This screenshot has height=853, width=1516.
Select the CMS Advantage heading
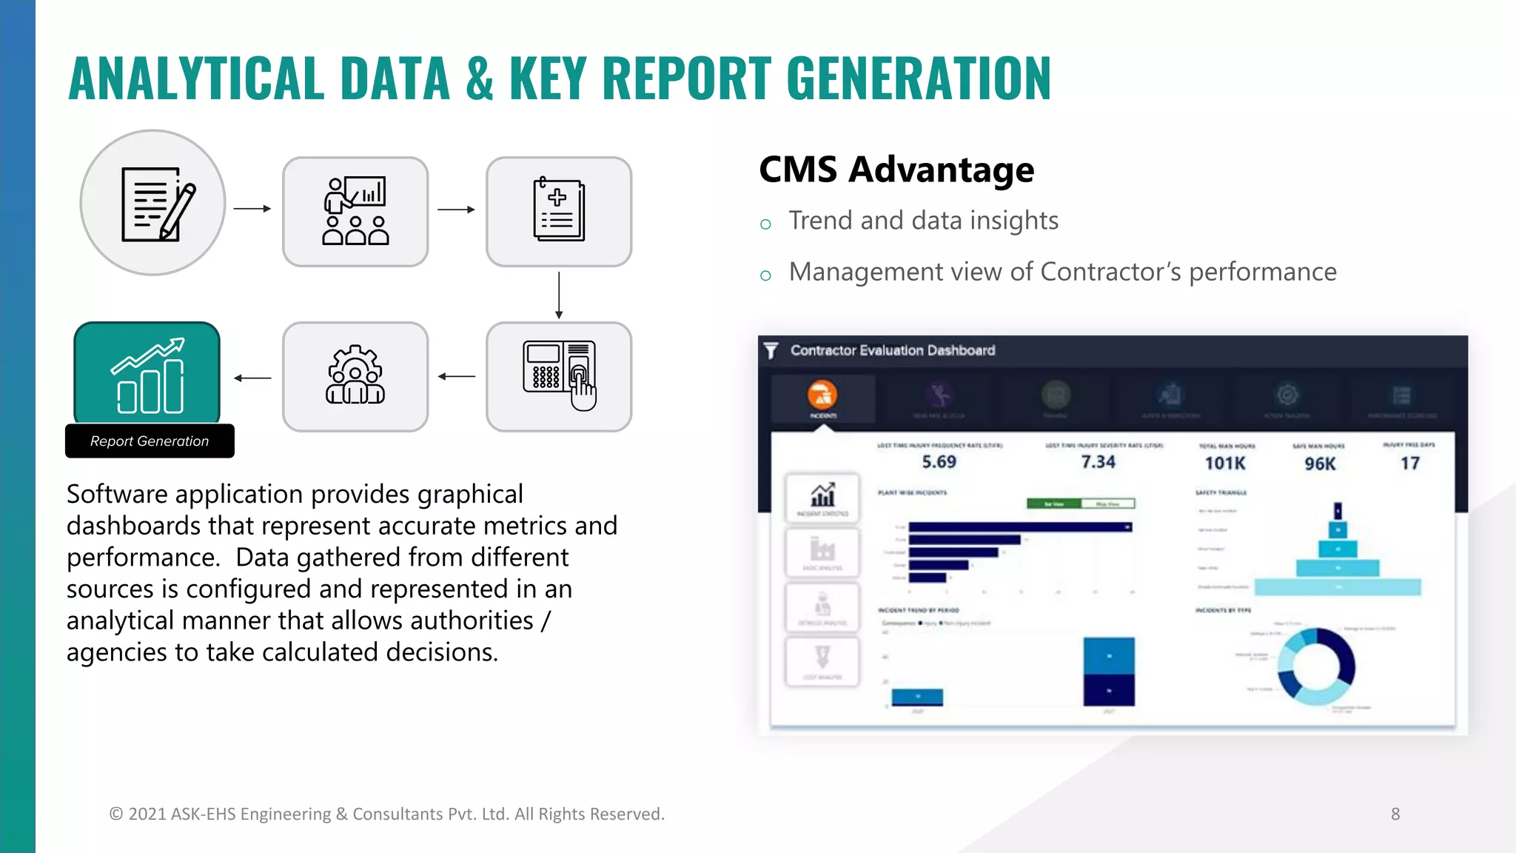coord(896,170)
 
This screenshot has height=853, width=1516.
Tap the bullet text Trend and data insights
coord(923,221)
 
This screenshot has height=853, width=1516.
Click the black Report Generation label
coord(150,441)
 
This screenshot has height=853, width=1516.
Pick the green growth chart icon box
coord(147,374)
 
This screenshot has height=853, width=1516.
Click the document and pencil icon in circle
coord(153,203)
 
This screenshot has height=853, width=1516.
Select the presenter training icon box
coord(355,212)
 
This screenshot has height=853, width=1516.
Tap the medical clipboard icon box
coord(559,212)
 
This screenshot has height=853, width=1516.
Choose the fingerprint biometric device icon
coord(559,376)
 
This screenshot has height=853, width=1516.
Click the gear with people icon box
coord(355,376)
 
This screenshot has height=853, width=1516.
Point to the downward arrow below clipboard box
coord(559,295)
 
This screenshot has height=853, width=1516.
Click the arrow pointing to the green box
coord(252,378)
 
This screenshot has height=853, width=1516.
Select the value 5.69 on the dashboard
coord(939,462)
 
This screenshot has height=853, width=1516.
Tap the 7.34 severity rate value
coord(1098,462)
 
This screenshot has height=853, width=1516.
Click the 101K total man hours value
coord(1225,464)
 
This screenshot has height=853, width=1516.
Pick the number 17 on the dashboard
coord(1409,464)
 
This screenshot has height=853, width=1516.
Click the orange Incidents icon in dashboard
coord(822,395)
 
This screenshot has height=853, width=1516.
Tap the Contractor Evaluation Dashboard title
coord(892,350)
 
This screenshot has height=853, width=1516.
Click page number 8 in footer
coord(1395,814)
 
